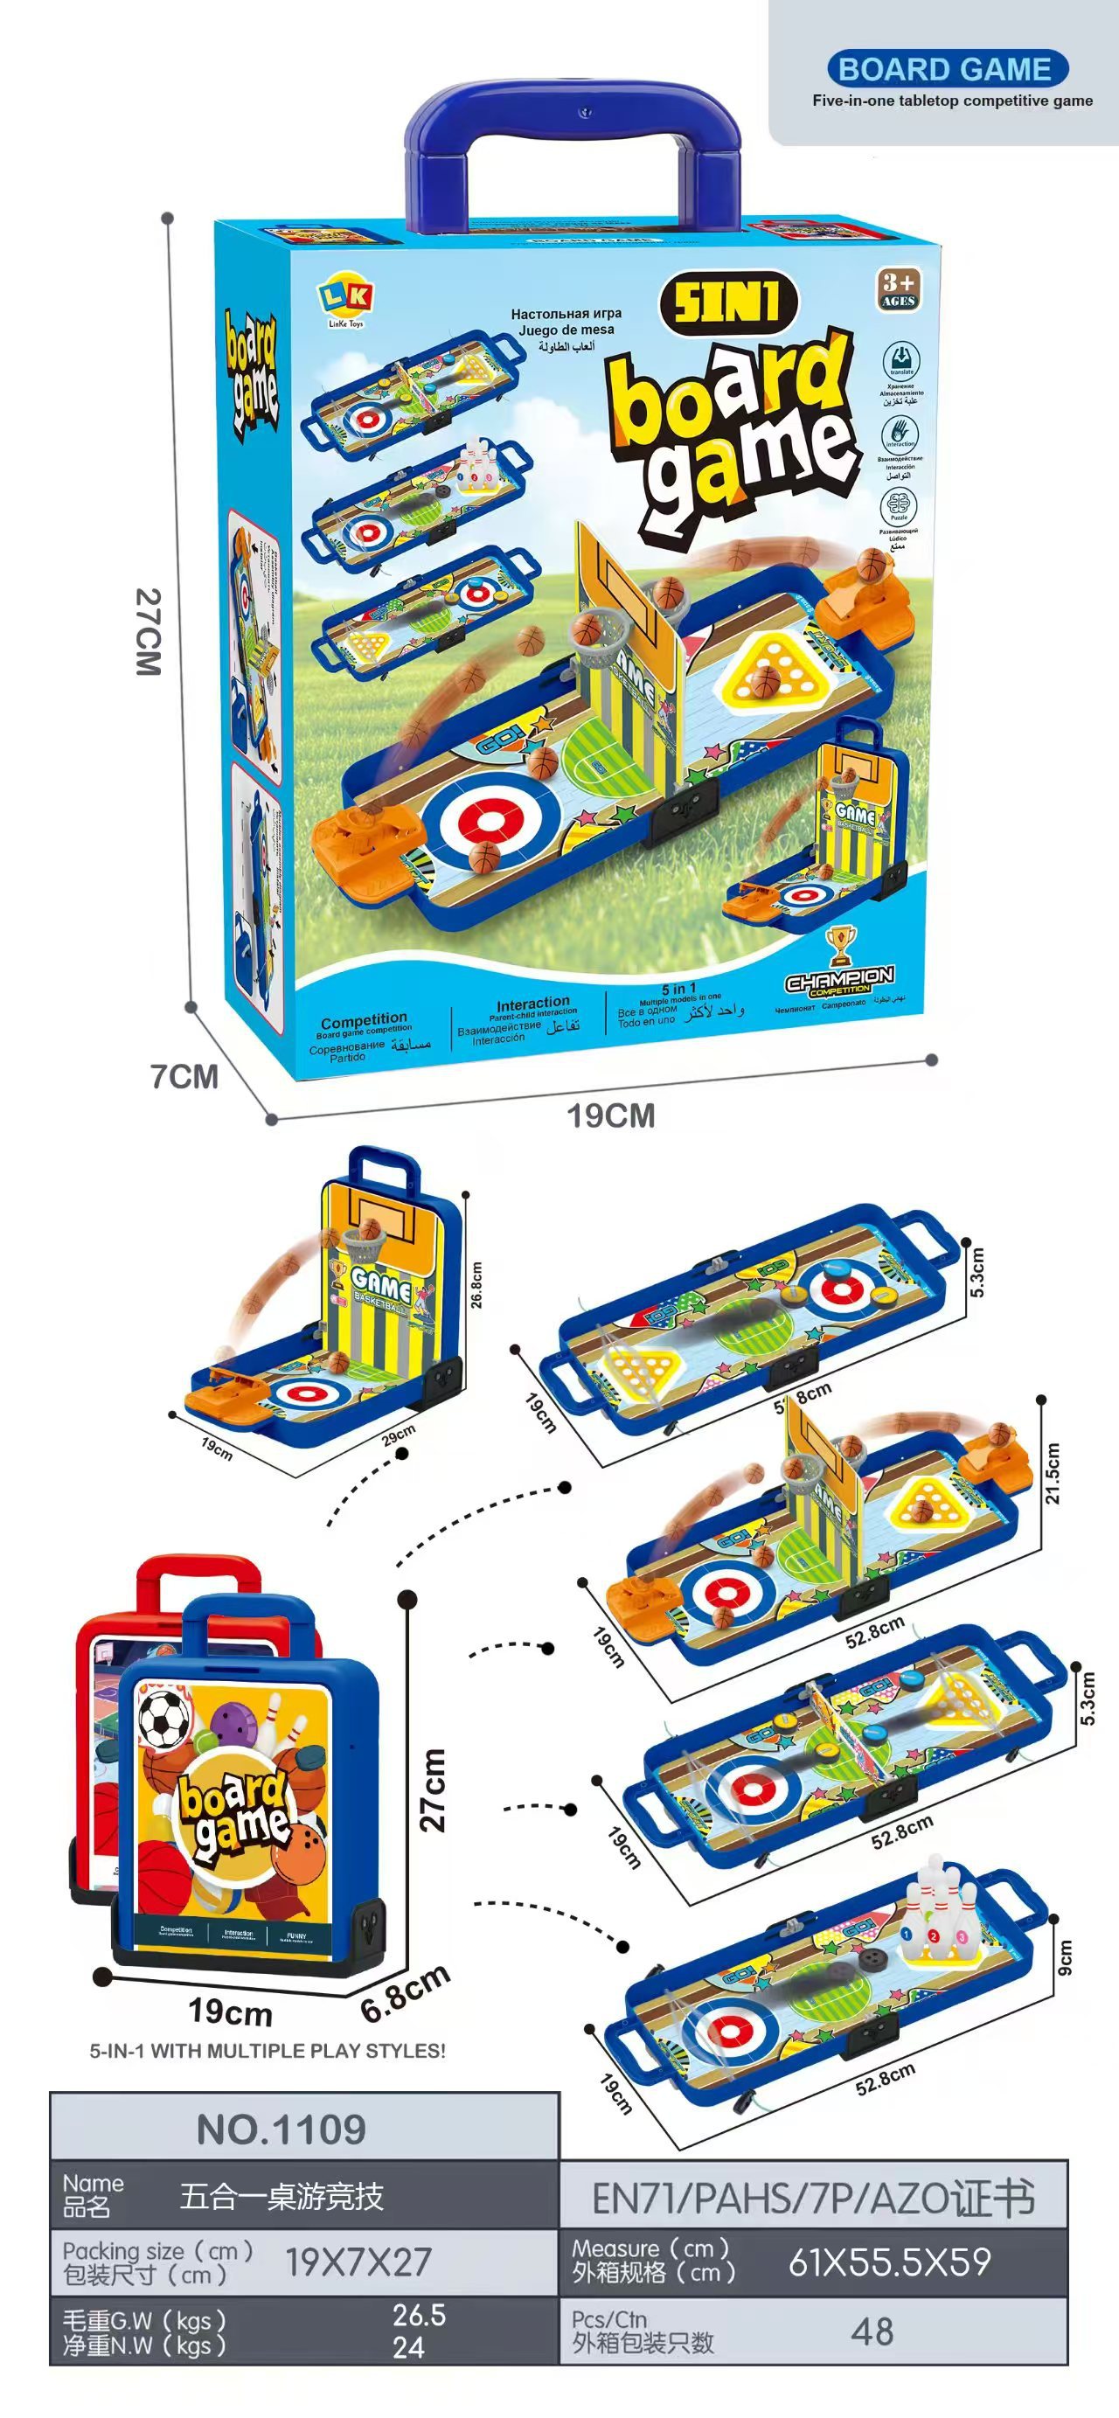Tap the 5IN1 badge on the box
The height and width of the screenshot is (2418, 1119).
coord(728,302)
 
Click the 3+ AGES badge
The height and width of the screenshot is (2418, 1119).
coord(898,288)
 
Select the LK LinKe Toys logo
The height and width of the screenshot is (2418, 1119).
coord(345,303)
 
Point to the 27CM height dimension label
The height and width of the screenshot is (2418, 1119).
coord(149,632)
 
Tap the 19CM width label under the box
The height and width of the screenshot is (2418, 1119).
coord(610,1116)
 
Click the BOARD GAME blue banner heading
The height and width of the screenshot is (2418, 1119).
coord(945,69)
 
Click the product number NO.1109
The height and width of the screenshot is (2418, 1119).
coord(281,2130)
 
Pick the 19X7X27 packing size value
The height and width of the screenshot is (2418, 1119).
coord(358,2262)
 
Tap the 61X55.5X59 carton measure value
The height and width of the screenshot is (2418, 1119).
coord(889,2262)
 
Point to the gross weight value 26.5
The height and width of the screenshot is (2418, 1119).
coord(419,2315)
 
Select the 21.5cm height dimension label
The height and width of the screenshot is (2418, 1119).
coord(1053,1473)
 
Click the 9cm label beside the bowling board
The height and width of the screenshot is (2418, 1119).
coord(1064,1958)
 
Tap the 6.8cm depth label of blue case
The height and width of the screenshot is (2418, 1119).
coord(406,1993)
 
